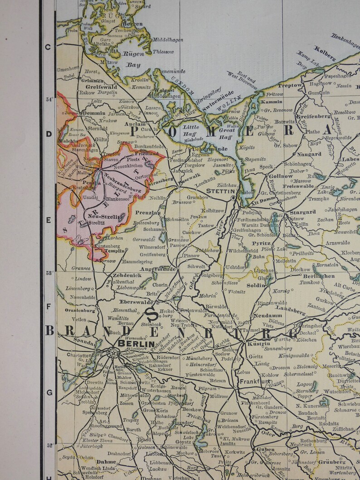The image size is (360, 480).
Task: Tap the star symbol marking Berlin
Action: [x=111, y=351]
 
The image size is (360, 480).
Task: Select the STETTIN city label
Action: [x=221, y=191]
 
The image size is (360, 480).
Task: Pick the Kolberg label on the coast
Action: [x=325, y=53]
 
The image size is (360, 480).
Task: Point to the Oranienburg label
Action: [x=80, y=310]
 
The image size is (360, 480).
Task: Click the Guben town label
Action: [x=265, y=450]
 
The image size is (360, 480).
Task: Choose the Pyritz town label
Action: [x=262, y=243]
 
